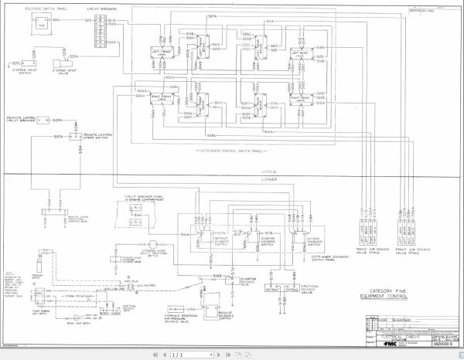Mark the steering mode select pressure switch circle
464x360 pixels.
[152, 245]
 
